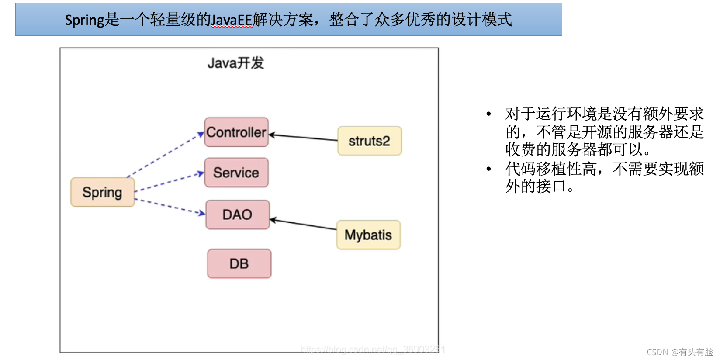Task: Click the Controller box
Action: [236, 132]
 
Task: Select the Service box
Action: [236, 173]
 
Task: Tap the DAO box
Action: [237, 215]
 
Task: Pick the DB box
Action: [239, 263]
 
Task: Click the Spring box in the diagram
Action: [102, 192]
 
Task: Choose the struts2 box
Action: [369, 141]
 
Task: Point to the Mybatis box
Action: [368, 235]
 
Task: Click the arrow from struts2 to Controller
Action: [304, 138]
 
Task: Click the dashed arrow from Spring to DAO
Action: [170, 206]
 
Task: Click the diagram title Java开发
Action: [235, 63]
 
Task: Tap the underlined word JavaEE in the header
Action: [232, 20]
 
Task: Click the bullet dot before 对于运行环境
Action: [488, 114]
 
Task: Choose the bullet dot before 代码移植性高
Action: [488, 169]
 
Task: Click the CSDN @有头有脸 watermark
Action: [679, 352]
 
